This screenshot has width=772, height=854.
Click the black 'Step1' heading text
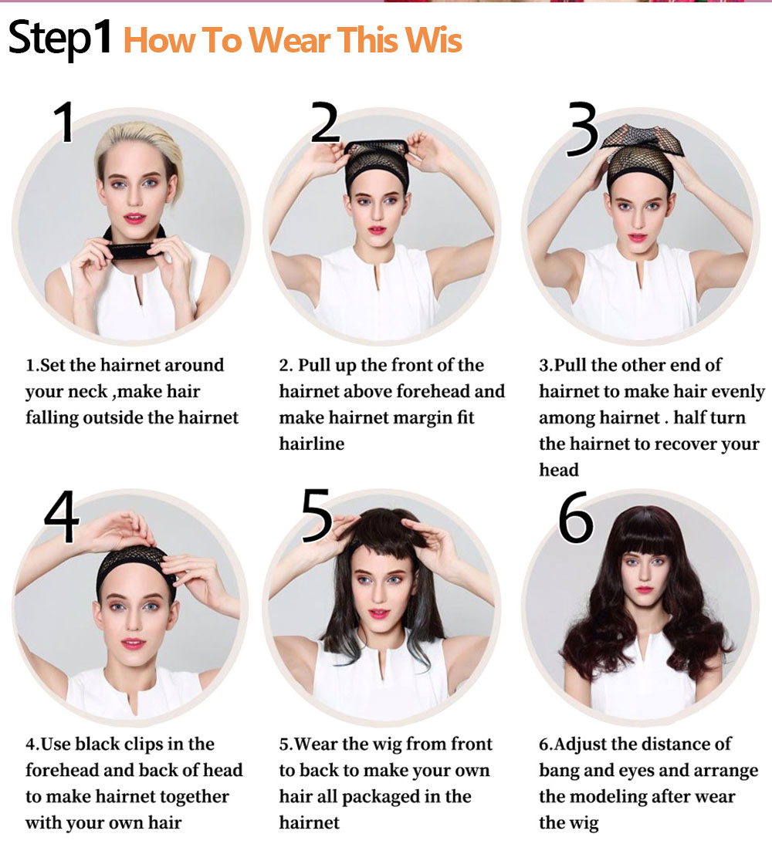[60, 38]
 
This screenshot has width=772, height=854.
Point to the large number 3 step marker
[582, 129]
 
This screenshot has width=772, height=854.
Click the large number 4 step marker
[62, 516]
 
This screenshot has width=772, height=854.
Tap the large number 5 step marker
[317, 515]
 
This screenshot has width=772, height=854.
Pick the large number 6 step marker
[576, 517]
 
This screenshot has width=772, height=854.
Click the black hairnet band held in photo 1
[134, 250]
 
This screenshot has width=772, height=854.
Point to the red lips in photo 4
[133, 643]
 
